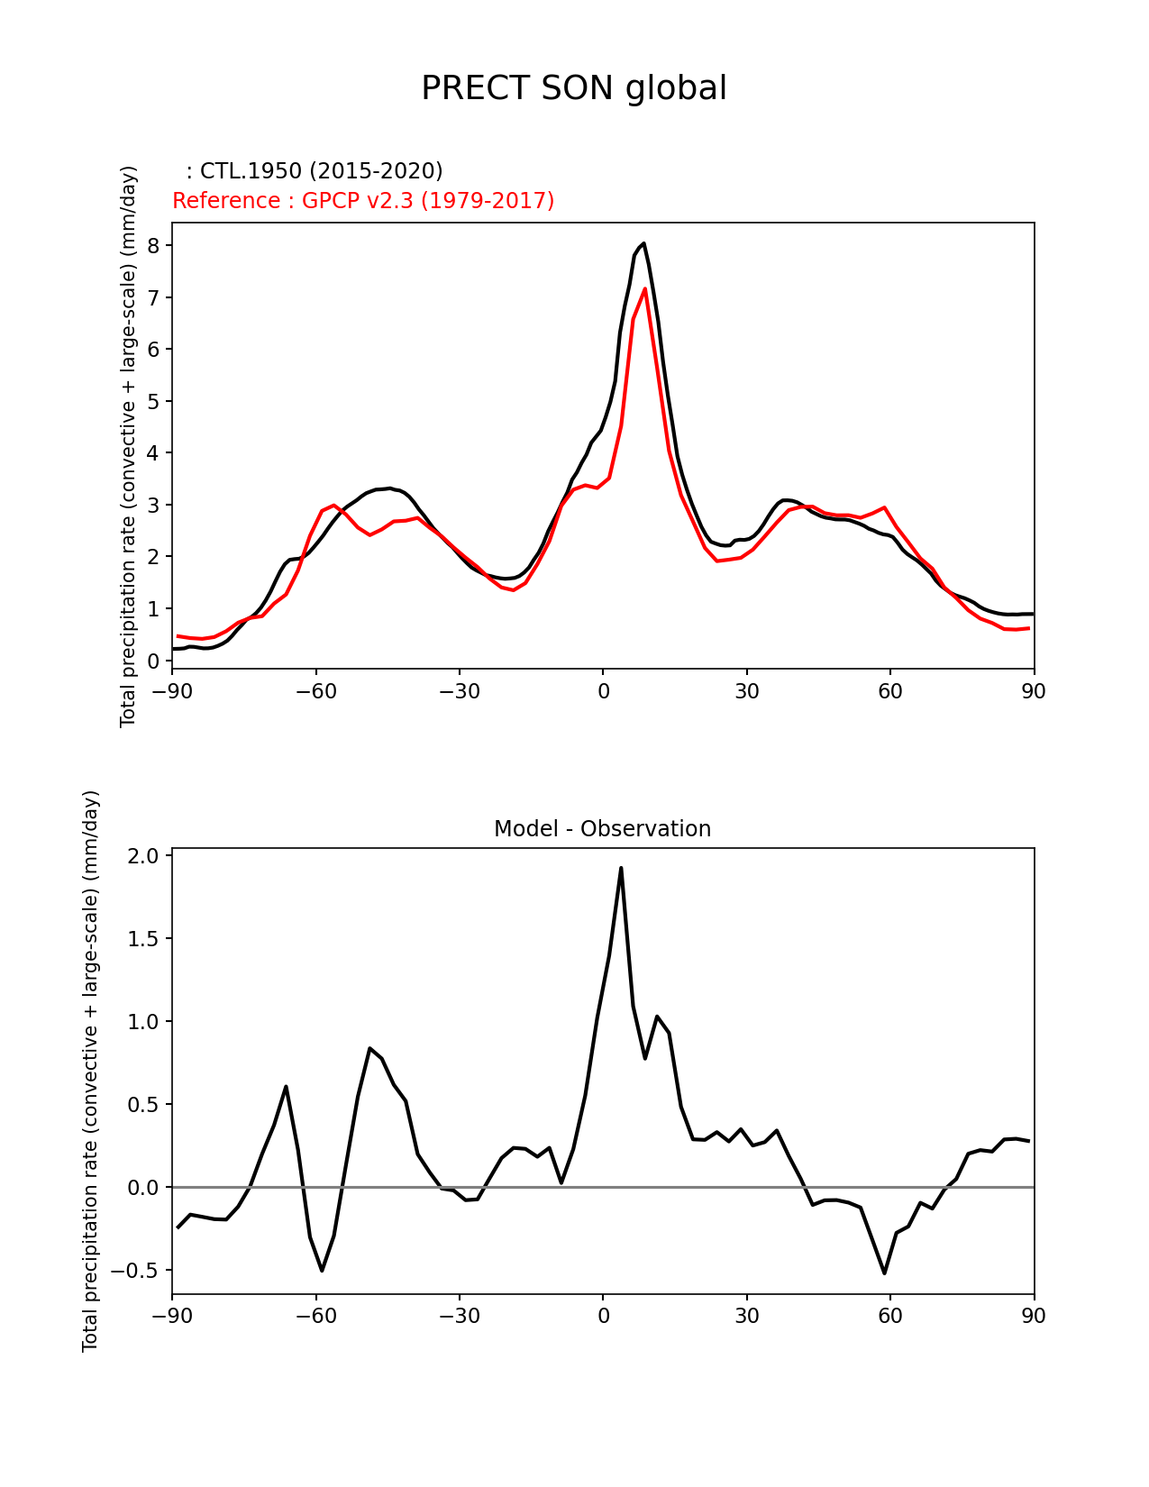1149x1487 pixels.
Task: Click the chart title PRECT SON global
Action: click(574, 88)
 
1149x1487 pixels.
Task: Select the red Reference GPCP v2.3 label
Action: click(363, 200)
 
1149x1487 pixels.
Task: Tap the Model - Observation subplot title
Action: click(602, 829)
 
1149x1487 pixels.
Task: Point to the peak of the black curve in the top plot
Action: click(643, 243)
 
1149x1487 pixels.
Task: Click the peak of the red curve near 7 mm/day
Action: click(645, 288)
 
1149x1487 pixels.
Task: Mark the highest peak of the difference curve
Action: click(621, 868)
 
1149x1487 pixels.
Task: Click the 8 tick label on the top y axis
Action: click(153, 246)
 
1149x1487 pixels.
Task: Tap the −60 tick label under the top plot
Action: click(315, 691)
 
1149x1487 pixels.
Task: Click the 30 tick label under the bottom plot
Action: click(746, 1317)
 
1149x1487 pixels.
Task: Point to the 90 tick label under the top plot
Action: click(1034, 691)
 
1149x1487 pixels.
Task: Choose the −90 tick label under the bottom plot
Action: click(172, 1317)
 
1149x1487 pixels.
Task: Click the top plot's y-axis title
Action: click(128, 446)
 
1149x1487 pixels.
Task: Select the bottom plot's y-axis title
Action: click(90, 1071)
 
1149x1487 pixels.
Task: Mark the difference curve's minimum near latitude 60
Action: click(885, 1273)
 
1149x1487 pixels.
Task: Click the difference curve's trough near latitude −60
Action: click(322, 1270)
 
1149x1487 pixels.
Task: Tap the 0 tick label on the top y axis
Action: click(153, 661)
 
